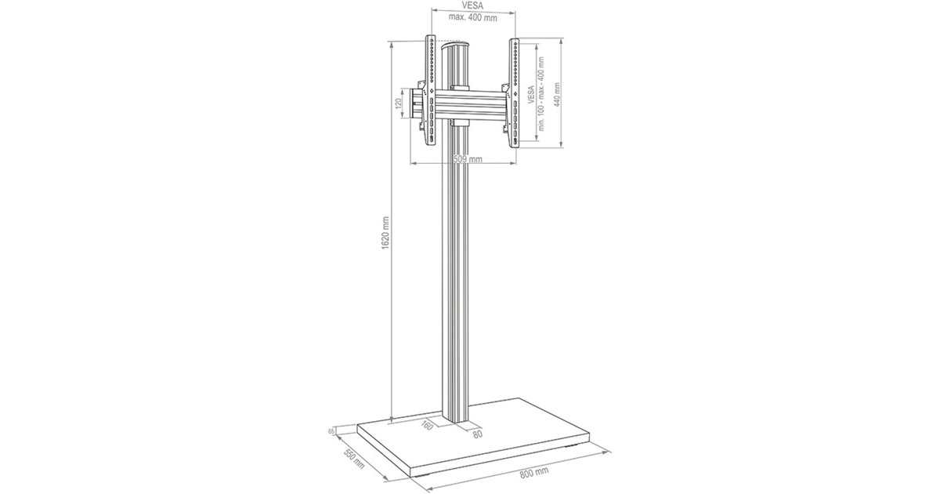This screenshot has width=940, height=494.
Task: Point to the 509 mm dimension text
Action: [x=468, y=159]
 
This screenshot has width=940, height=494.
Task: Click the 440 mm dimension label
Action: [x=558, y=96]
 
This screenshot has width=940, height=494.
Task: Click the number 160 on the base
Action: [x=426, y=426]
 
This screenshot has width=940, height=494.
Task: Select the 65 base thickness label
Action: [x=333, y=432]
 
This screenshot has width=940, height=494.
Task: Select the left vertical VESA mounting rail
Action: [x=429, y=90]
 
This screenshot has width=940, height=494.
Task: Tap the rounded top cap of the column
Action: [x=457, y=49]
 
